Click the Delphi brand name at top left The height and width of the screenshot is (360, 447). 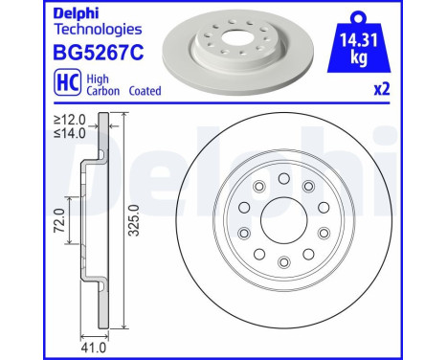click(x=31, y=14)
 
